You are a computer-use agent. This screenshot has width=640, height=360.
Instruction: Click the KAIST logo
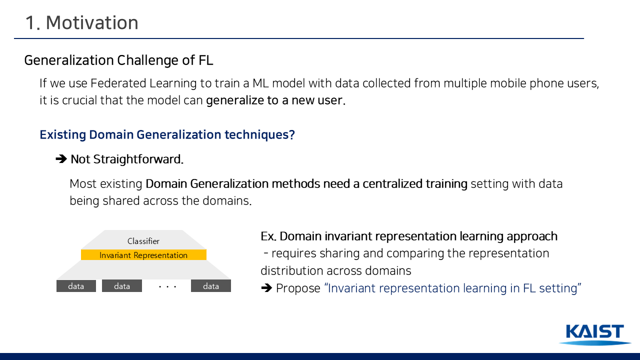pos(595,334)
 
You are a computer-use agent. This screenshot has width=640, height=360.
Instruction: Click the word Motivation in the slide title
pos(92,22)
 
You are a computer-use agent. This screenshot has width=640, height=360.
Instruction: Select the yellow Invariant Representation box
pos(143,255)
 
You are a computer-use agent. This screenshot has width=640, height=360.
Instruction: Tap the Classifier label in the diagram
pos(143,241)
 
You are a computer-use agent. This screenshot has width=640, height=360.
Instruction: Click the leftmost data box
pos(76,286)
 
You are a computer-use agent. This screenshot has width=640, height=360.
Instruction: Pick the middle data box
pos(122,286)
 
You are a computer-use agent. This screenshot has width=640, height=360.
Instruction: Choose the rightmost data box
pos(211,286)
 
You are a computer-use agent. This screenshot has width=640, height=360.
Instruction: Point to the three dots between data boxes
pos(167,286)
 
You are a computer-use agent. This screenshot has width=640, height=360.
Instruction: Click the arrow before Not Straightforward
pos(61,159)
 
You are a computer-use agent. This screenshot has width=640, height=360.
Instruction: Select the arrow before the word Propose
pos(266,288)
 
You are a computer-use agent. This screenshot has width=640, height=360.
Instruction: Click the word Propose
pos(298,288)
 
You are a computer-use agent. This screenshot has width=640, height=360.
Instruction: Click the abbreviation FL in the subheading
pos(205,60)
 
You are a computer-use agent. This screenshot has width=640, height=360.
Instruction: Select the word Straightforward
pos(138,159)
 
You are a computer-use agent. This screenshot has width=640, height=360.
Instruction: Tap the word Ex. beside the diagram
pos(268,236)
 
